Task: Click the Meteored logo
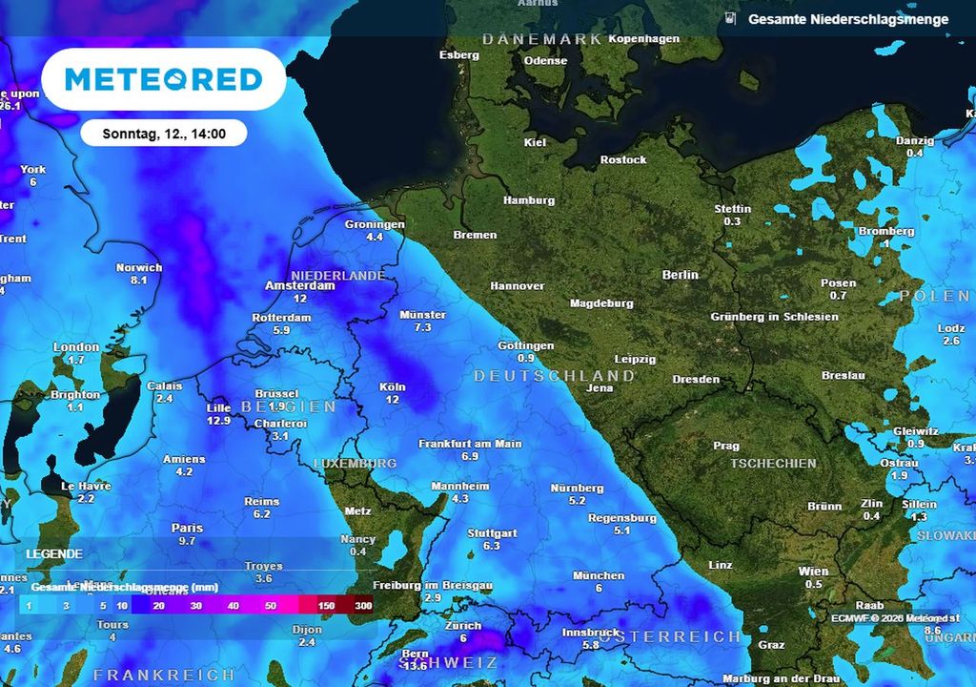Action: pos(164,79)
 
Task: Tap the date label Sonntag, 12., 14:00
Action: pos(164,133)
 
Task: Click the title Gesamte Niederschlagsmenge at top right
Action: pos(847,19)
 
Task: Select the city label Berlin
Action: pos(681,275)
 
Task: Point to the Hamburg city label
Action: pos(529,200)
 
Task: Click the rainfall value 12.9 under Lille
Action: pos(218,421)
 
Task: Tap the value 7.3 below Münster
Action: pos(423,327)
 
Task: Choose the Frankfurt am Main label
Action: pos(470,444)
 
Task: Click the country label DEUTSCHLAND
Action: pos(554,376)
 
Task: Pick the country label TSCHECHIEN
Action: pos(773,463)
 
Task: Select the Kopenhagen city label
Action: pos(644,38)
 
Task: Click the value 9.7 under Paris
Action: pos(187,541)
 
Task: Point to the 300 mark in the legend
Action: pos(363,605)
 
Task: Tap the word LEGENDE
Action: pos(54,553)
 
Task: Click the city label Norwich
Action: pos(139,268)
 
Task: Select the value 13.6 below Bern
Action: pos(416,666)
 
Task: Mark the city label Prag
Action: pos(726,446)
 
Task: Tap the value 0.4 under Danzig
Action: pos(915,154)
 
